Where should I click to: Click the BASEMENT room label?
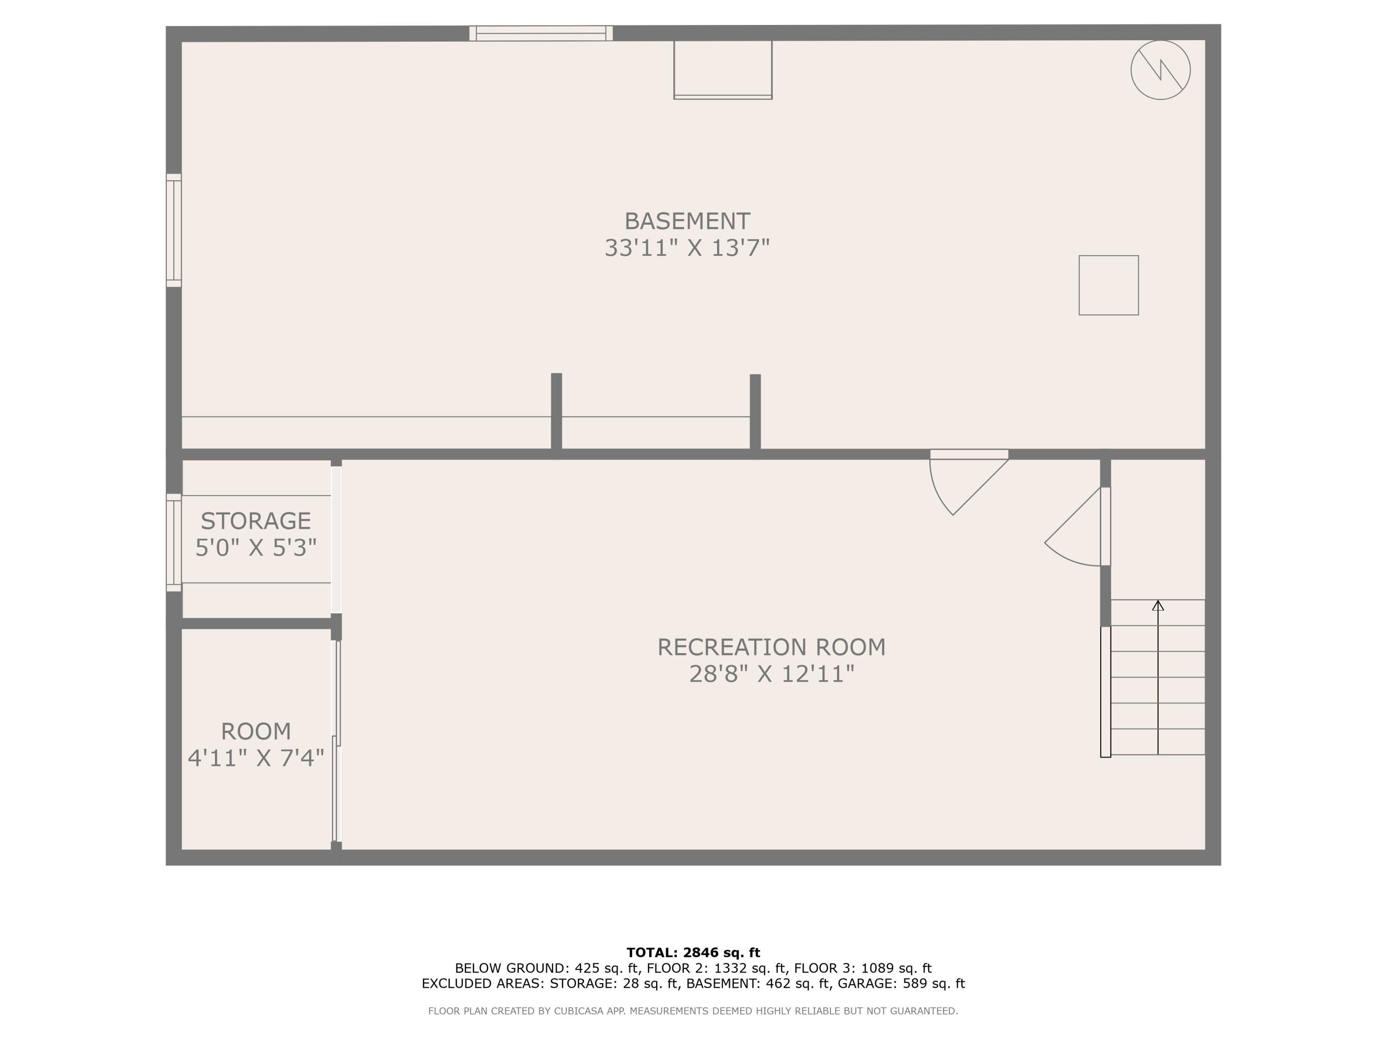687,221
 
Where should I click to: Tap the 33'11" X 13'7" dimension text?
687,248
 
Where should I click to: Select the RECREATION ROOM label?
771,647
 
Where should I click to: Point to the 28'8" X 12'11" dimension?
771,674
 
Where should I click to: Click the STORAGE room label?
256,521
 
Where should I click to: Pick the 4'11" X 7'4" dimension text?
256,758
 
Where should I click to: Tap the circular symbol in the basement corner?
1160,70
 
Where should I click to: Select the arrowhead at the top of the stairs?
1158,606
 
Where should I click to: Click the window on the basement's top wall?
540,33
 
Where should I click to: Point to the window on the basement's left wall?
174,230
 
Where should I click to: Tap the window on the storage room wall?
174,542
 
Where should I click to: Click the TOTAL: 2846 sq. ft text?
693,953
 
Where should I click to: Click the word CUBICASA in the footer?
578,1010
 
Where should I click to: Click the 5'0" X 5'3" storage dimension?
256,548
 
